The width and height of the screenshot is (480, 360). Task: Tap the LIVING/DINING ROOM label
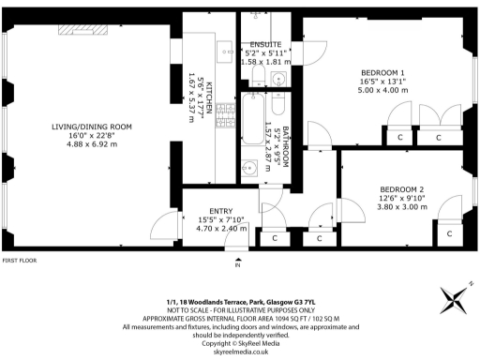click(92, 127)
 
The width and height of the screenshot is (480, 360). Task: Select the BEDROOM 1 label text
click(382, 72)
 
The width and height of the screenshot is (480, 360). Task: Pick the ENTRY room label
click(220, 211)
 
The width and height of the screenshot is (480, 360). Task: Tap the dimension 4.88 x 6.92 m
click(92, 146)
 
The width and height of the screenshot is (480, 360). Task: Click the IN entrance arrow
click(238, 262)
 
